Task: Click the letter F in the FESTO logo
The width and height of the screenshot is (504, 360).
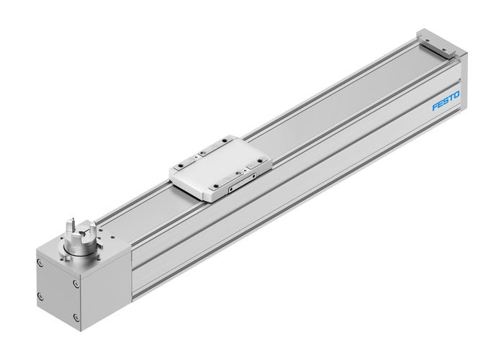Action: (435, 108)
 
